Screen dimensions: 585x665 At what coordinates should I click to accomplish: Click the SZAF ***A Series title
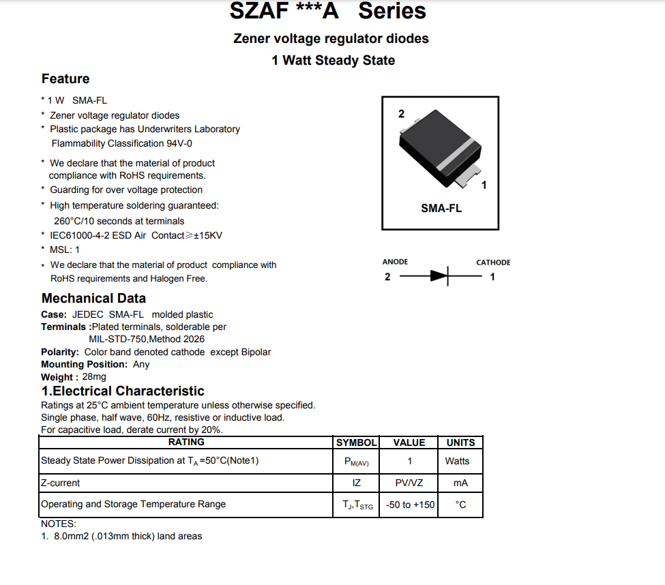click(x=327, y=12)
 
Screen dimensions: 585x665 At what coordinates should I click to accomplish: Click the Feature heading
click(x=65, y=79)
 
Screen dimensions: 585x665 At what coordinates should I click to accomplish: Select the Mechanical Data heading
click(x=93, y=299)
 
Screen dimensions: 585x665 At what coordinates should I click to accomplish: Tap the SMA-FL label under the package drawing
click(x=441, y=209)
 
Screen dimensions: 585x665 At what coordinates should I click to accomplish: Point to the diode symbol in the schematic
click(x=440, y=276)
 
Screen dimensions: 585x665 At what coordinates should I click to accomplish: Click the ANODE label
click(x=395, y=262)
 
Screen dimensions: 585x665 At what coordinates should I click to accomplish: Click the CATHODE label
click(x=493, y=262)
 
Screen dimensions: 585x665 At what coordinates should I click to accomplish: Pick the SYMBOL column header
click(x=356, y=442)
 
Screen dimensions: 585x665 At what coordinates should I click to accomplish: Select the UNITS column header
click(x=460, y=442)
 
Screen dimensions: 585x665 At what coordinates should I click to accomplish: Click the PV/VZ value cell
click(x=409, y=483)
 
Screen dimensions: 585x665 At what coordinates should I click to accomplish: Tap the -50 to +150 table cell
click(x=409, y=505)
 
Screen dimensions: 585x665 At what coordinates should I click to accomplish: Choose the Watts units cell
click(x=457, y=461)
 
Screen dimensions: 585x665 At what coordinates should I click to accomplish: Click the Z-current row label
click(x=61, y=483)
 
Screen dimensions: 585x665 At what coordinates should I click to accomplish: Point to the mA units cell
click(x=460, y=483)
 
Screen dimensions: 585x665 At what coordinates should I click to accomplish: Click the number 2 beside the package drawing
click(x=401, y=114)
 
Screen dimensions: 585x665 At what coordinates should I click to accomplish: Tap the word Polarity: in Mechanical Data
click(x=60, y=352)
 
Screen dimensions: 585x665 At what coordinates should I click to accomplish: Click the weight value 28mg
click(x=94, y=377)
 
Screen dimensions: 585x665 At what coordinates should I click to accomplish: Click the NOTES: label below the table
click(x=59, y=524)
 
